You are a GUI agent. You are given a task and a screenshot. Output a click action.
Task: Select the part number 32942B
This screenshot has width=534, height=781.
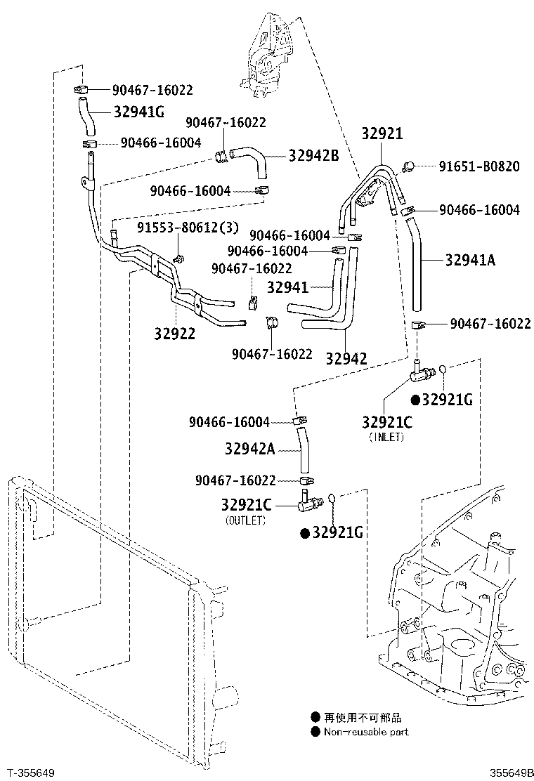pyautogui.click(x=313, y=156)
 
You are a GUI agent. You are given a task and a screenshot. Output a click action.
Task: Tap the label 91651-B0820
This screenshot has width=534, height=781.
pyautogui.click(x=479, y=166)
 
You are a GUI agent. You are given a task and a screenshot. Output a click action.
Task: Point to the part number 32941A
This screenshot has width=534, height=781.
pyautogui.click(x=470, y=261)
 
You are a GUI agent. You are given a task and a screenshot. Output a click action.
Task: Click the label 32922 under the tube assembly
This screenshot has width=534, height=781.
pyautogui.click(x=174, y=334)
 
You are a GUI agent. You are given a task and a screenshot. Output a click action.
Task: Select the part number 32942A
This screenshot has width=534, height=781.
pyautogui.click(x=250, y=448)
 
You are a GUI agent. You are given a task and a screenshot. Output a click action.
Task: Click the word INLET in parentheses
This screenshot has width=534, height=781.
pyautogui.click(x=386, y=436)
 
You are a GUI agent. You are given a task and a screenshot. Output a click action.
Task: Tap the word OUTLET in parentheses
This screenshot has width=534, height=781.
pyautogui.click(x=245, y=520)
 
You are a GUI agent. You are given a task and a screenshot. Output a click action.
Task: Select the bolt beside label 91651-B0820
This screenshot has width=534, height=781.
pyautogui.click(x=407, y=166)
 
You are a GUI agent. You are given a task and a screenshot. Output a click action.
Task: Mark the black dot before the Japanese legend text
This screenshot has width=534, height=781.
pyautogui.click(x=315, y=718)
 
